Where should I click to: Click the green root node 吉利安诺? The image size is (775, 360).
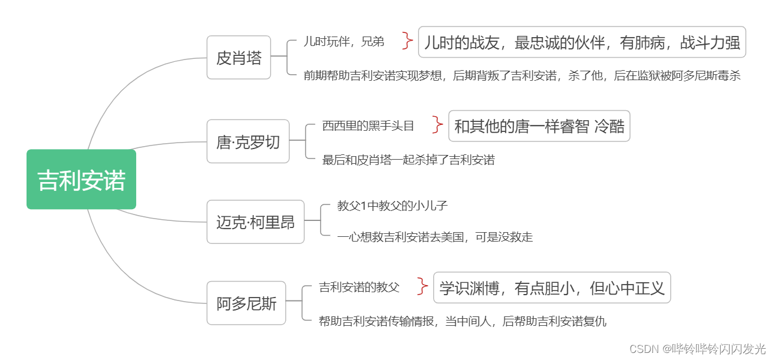[x=81, y=180]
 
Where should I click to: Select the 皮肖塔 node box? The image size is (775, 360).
[x=239, y=58]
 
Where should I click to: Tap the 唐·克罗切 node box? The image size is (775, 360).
[x=248, y=141]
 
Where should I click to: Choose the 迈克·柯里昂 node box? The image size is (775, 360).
[x=255, y=222]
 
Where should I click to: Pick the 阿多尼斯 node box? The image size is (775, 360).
[x=246, y=303]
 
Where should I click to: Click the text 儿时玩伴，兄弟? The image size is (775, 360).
[x=344, y=41]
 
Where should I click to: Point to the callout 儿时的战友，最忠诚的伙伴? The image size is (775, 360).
[x=582, y=42]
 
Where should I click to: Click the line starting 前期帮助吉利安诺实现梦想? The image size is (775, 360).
[x=522, y=75]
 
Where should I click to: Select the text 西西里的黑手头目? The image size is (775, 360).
[x=368, y=125]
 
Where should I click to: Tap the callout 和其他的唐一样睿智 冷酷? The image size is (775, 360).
[x=539, y=126]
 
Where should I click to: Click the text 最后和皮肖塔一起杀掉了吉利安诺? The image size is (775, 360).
[x=408, y=160]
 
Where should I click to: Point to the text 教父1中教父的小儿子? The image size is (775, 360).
[x=393, y=206]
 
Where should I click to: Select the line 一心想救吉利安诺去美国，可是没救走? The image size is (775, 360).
[x=435, y=237]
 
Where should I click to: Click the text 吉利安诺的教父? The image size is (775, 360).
[x=359, y=287]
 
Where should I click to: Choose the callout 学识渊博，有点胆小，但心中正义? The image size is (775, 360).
[x=552, y=288]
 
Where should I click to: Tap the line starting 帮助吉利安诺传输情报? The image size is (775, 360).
[x=462, y=321]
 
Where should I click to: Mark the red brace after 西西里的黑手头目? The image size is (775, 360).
[x=437, y=125]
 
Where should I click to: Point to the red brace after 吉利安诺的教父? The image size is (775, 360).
[x=422, y=286]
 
